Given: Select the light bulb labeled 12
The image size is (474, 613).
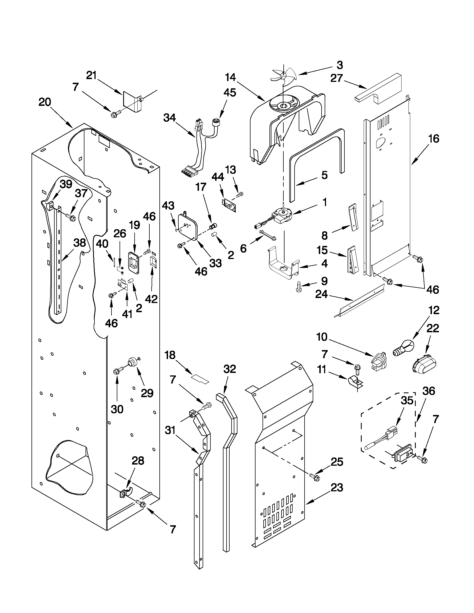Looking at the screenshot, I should pyautogui.click(x=403, y=348).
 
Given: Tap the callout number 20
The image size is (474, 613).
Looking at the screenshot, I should pyautogui.click(x=45, y=102).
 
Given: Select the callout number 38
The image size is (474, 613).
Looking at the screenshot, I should pyautogui.click(x=79, y=243).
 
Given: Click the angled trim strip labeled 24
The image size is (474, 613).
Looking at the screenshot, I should pyautogui.click(x=359, y=300).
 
